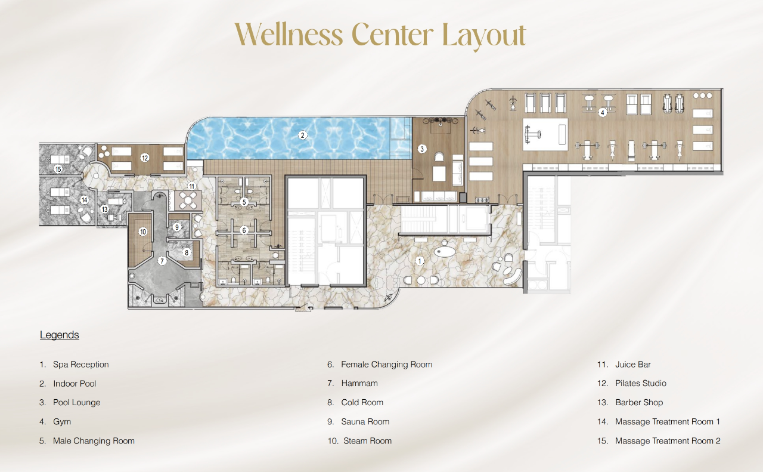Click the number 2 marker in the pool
(x=303, y=135)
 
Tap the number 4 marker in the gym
(x=603, y=112)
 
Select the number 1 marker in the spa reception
(x=420, y=260)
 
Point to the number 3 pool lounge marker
(x=422, y=149)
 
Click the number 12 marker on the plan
(x=144, y=158)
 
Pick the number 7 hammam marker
(x=161, y=261)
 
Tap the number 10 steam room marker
(x=143, y=232)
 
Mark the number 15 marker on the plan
(x=58, y=169)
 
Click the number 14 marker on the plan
(x=85, y=200)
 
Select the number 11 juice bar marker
(x=191, y=186)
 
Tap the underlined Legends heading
(x=59, y=335)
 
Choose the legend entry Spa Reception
(x=80, y=365)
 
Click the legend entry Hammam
(x=359, y=384)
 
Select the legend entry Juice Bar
(x=632, y=365)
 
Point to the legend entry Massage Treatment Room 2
(x=667, y=441)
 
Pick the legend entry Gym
(x=61, y=422)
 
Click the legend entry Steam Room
(x=367, y=441)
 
